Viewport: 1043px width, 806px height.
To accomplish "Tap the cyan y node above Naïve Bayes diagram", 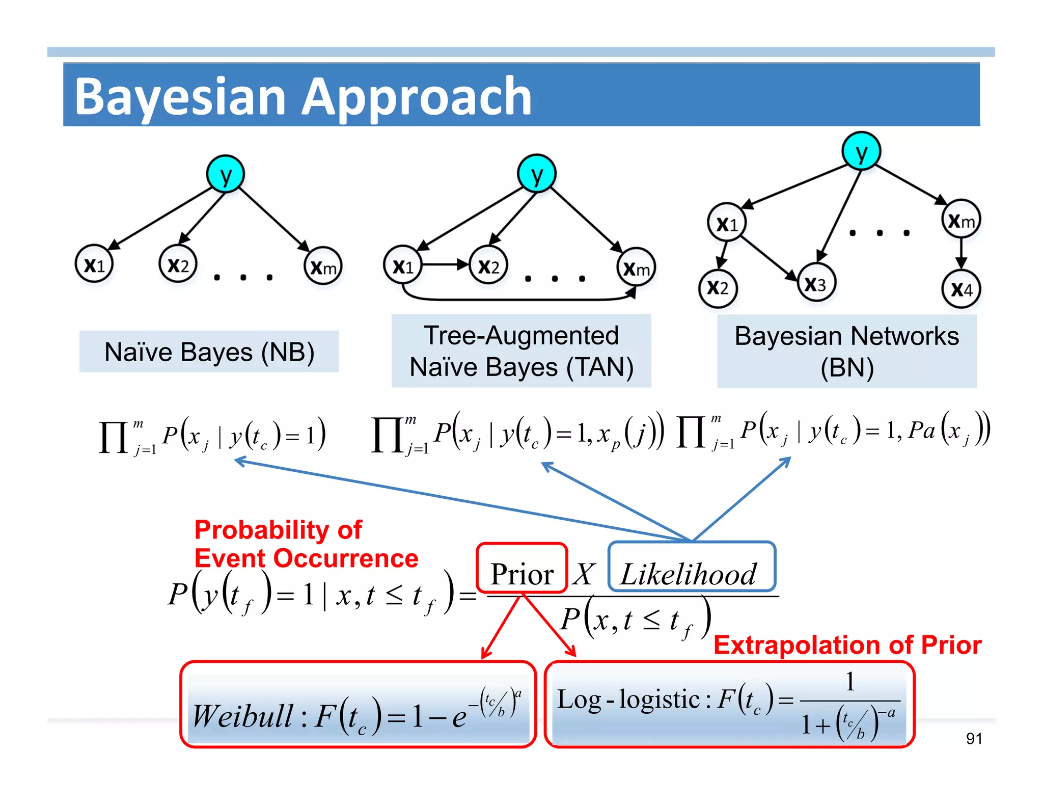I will point(226,174).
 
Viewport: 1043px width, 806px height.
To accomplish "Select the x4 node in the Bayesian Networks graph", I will point(961,289).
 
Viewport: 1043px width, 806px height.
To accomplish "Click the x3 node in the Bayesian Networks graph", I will point(816,283).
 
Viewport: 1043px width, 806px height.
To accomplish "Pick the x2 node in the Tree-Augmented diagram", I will point(488,265).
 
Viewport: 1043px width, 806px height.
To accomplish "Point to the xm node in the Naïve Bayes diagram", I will point(323,266).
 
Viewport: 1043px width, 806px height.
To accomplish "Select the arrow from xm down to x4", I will point(961,253).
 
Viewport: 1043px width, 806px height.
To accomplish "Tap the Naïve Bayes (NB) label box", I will point(209,352).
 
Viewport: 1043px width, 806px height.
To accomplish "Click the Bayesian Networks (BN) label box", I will point(846,351).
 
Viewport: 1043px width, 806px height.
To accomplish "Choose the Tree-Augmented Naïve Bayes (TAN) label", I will point(521,351).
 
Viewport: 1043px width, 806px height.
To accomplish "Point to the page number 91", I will point(974,738).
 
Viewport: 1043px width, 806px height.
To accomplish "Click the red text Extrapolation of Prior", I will point(847,645).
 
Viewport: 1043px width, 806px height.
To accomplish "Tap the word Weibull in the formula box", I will point(243,716).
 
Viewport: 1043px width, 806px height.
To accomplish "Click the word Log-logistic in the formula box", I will point(628,699).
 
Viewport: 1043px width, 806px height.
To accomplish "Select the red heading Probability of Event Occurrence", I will point(306,544).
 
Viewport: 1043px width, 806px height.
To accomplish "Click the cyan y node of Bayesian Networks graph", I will point(861,151).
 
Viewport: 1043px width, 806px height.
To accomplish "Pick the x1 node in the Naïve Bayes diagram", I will point(94,264).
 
